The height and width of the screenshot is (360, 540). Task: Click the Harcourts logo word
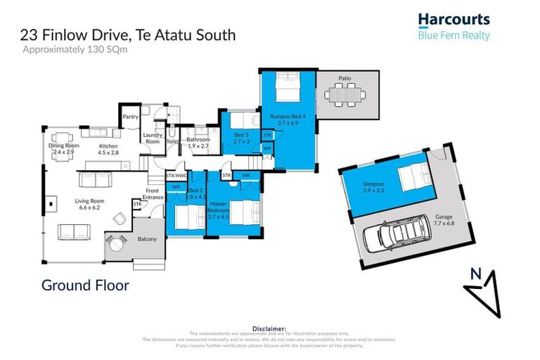click(454, 20)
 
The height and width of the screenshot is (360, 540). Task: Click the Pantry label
click(130, 117)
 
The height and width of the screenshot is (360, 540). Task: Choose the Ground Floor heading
click(85, 285)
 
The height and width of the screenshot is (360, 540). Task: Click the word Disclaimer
click(269, 328)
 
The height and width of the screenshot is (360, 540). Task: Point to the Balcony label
click(146, 239)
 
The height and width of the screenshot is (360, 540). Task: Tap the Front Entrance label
click(153, 194)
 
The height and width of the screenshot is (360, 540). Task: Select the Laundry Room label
click(153, 138)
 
